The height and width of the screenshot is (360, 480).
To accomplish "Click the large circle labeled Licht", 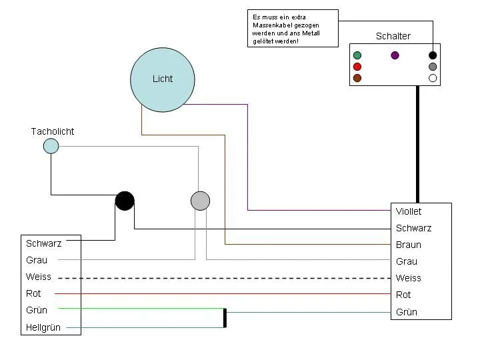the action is (163, 80).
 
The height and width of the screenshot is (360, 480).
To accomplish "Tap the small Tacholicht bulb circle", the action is (51, 146).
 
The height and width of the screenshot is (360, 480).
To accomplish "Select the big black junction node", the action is (125, 201).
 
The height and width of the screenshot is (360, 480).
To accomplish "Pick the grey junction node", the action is (200, 201).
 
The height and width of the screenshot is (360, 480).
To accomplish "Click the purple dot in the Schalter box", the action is (395, 55).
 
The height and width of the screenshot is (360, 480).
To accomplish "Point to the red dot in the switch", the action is (357, 67).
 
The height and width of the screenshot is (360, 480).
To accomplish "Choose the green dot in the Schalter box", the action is (357, 55).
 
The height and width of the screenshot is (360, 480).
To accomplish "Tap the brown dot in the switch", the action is (357, 78).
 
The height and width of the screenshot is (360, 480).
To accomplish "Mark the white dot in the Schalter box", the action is (433, 78).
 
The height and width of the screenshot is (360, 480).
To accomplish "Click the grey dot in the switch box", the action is (433, 67).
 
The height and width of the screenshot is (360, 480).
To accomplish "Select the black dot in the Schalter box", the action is (433, 55).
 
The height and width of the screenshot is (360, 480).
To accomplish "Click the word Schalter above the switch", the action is (393, 36).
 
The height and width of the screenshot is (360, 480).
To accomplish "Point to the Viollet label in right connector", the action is (409, 211).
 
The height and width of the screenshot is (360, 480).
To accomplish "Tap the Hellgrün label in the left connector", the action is (43, 327).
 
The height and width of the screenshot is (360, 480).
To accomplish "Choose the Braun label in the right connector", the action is (409, 245).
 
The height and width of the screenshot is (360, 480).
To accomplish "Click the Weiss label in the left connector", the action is (39, 277).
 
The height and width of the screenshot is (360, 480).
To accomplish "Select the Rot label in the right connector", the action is (403, 295).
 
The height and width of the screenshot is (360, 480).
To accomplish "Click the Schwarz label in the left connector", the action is (44, 243).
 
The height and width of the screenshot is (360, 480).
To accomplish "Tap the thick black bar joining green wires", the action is (225, 318).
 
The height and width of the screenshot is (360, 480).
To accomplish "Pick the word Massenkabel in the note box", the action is (286, 25).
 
